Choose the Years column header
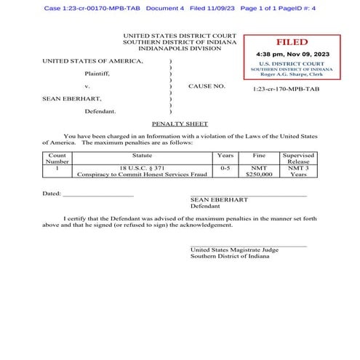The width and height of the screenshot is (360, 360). [x=225, y=156]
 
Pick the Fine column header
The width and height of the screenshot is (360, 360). [x=259, y=156]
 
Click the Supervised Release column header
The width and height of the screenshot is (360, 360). [x=297, y=159]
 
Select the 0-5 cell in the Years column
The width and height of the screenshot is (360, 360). [x=225, y=168]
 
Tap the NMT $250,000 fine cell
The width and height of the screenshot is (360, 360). [x=259, y=172]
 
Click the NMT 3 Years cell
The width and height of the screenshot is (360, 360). [x=297, y=172]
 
